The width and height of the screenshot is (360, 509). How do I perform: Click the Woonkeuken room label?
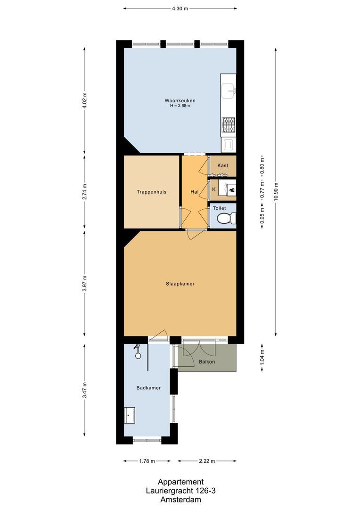(x=180, y=100)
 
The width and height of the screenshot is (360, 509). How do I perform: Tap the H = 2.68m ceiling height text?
(x=180, y=106)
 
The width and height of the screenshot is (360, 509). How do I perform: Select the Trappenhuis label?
(x=151, y=192)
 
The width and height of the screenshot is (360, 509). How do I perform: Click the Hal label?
(x=194, y=192)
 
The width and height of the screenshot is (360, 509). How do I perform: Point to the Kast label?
(x=222, y=165)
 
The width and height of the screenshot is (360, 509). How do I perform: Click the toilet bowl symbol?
(x=227, y=218)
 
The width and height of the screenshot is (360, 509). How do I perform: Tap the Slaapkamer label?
(x=180, y=284)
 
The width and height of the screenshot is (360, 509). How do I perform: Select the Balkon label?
(x=206, y=362)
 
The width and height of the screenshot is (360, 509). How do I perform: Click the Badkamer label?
(x=148, y=388)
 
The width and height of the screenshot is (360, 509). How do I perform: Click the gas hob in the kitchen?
(x=228, y=125)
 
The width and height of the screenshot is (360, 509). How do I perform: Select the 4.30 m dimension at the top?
(x=180, y=8)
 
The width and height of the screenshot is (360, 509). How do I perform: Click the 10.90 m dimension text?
(x=276, y=191)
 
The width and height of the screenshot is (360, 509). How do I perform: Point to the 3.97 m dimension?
(x=84, y=284)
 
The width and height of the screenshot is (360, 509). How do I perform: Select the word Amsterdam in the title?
(x=180, y=500)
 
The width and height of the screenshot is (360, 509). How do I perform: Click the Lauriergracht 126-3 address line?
(x=180, y=491)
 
